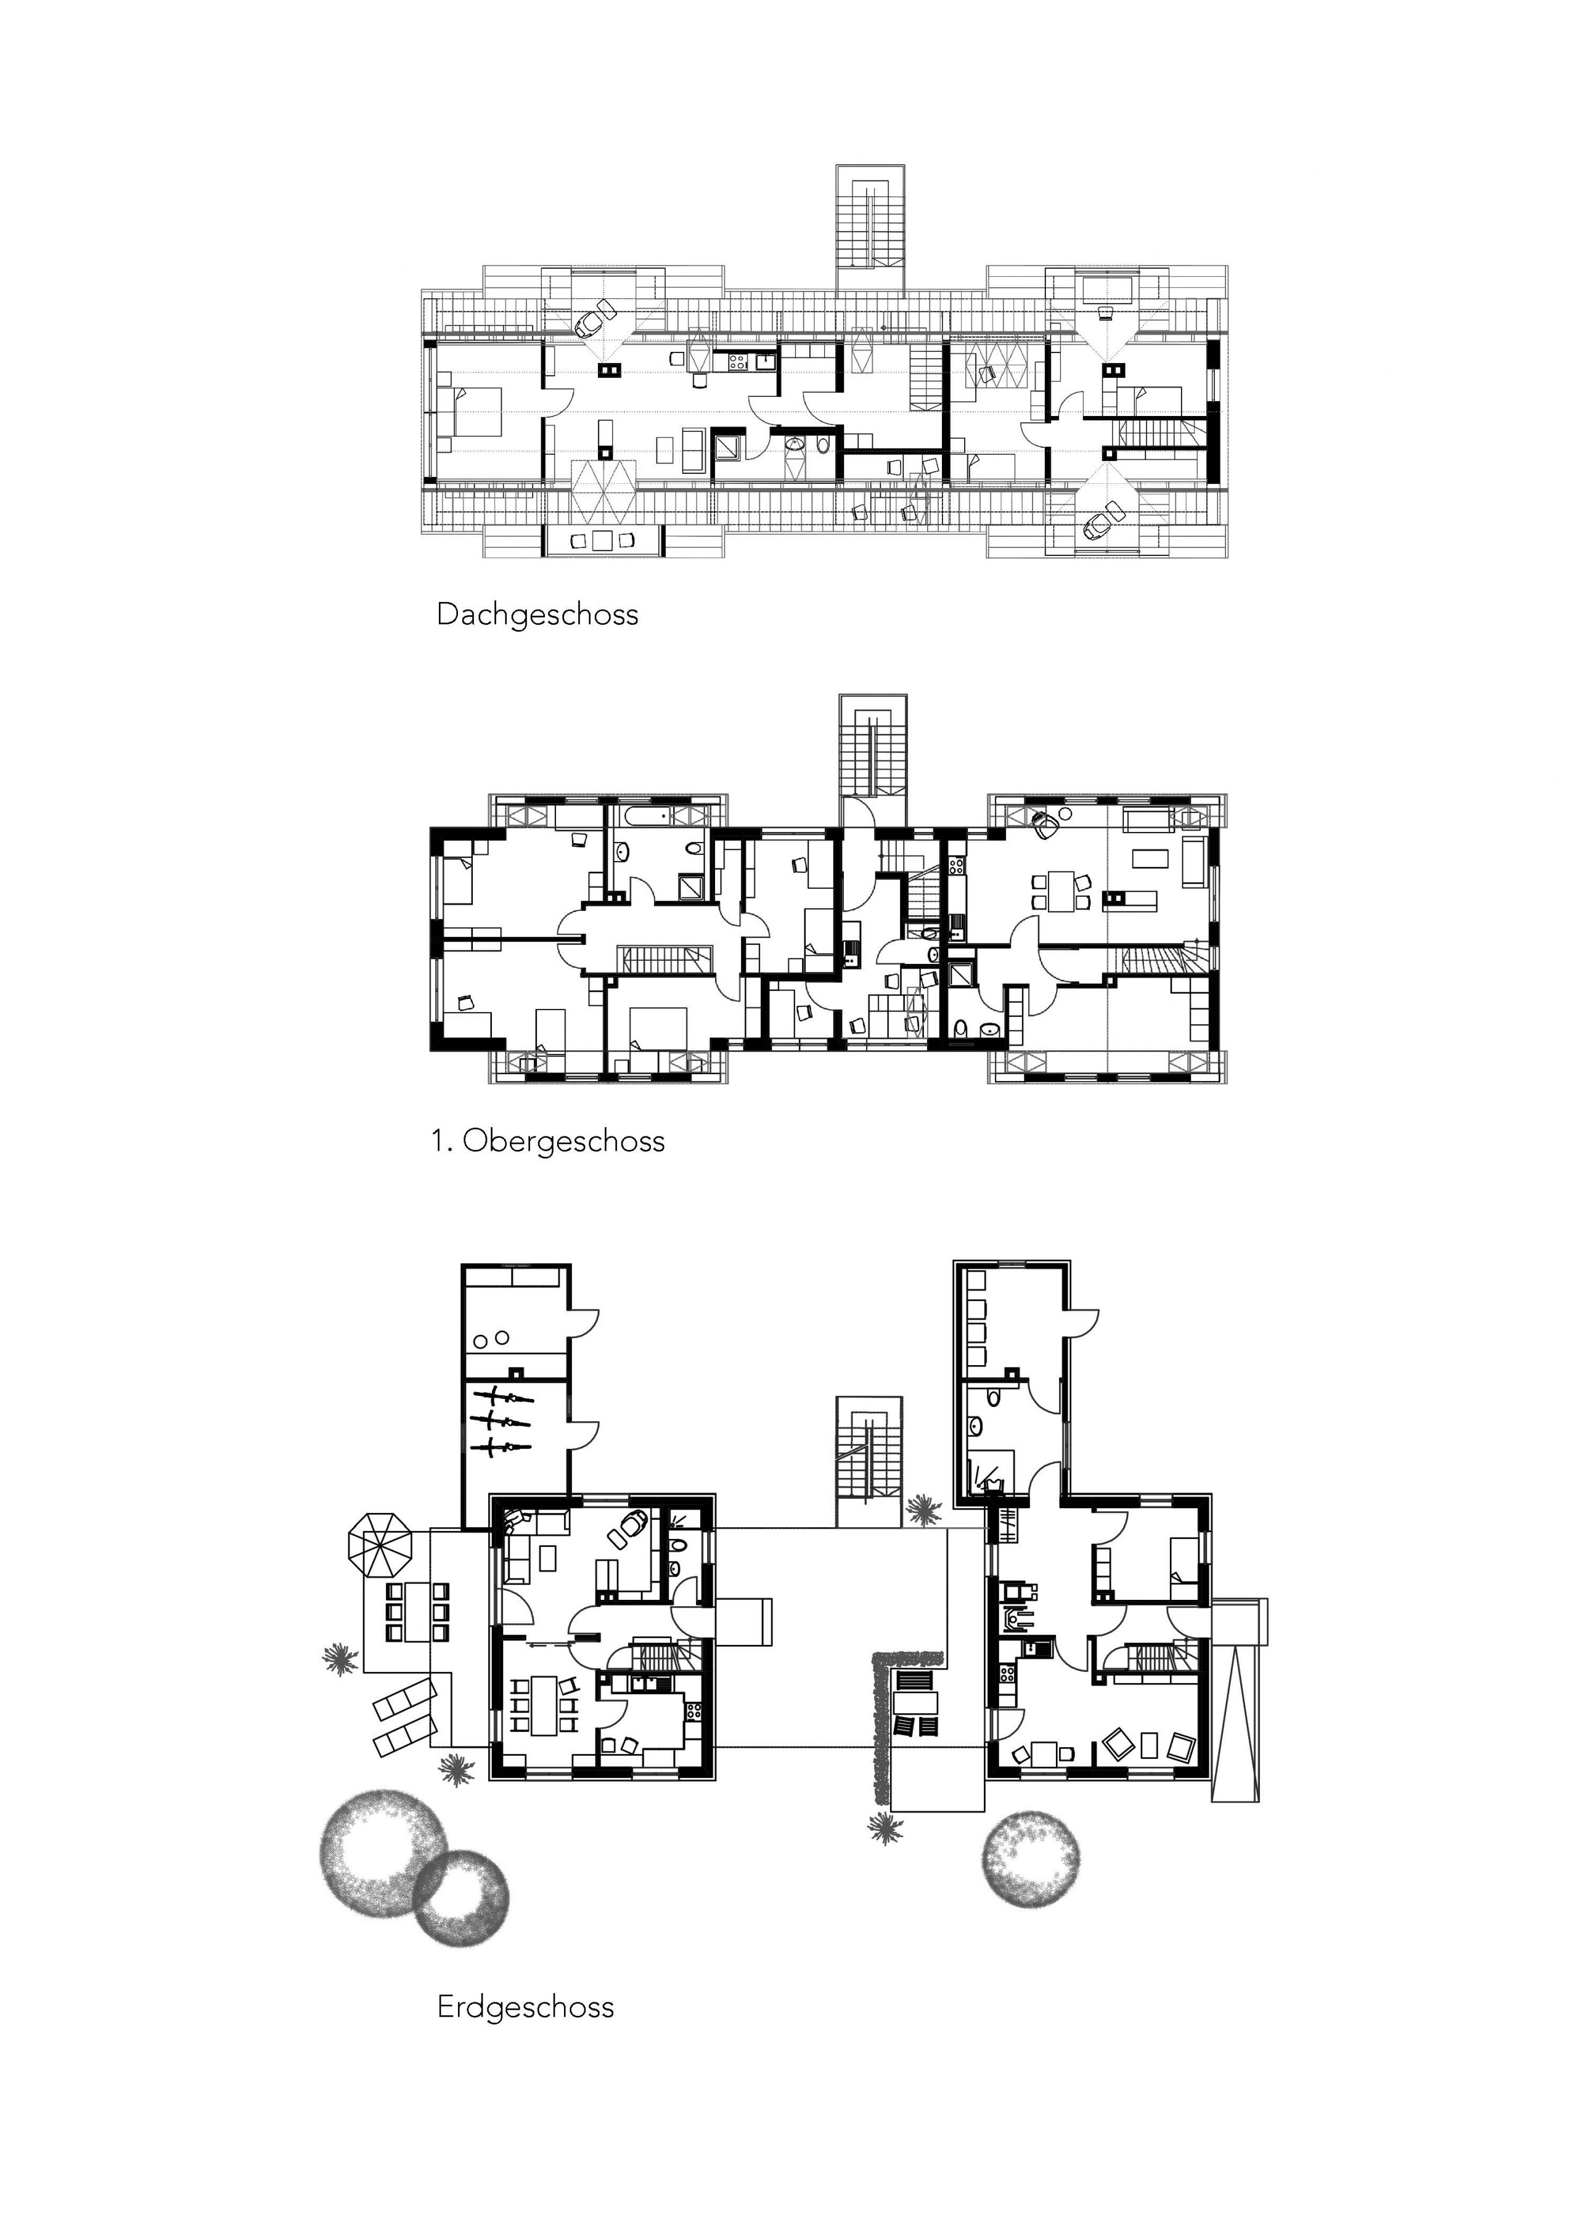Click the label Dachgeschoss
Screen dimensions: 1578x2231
click(x=538, y=615)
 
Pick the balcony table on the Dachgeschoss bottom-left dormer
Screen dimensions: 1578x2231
click(x=602, y=540)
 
